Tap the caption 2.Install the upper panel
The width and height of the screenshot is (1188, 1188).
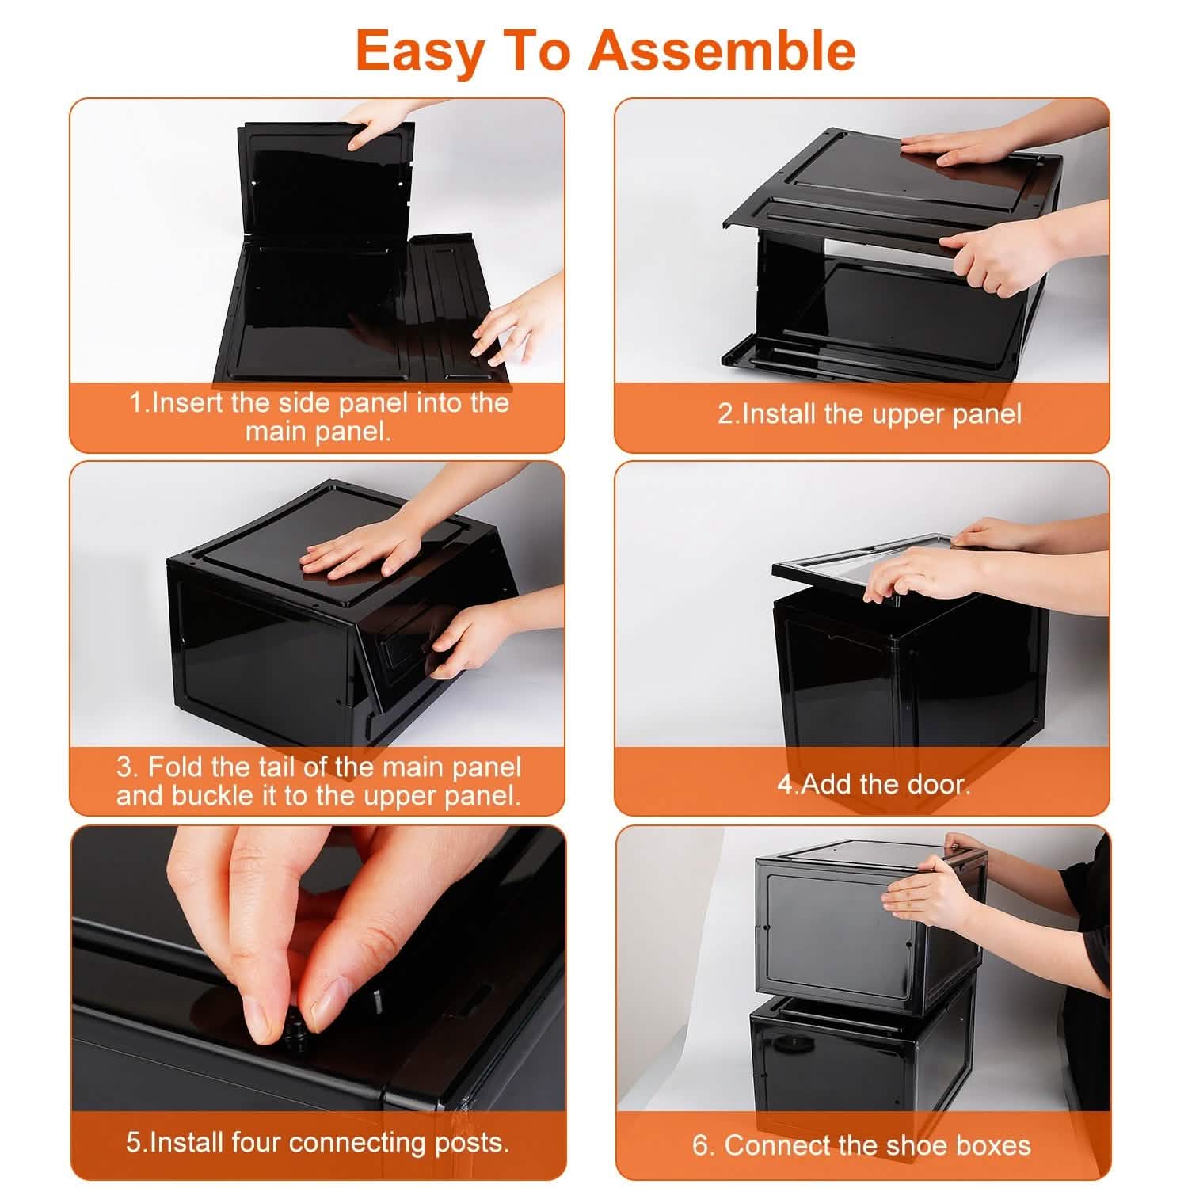pos(869,413)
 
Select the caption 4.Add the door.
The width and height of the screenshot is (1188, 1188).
pos(873,784)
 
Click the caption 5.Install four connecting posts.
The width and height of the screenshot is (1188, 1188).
pos(318,1142)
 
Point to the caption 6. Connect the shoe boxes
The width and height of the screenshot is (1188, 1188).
pos(862,1145)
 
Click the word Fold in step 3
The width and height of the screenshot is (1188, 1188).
pos(177,767)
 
